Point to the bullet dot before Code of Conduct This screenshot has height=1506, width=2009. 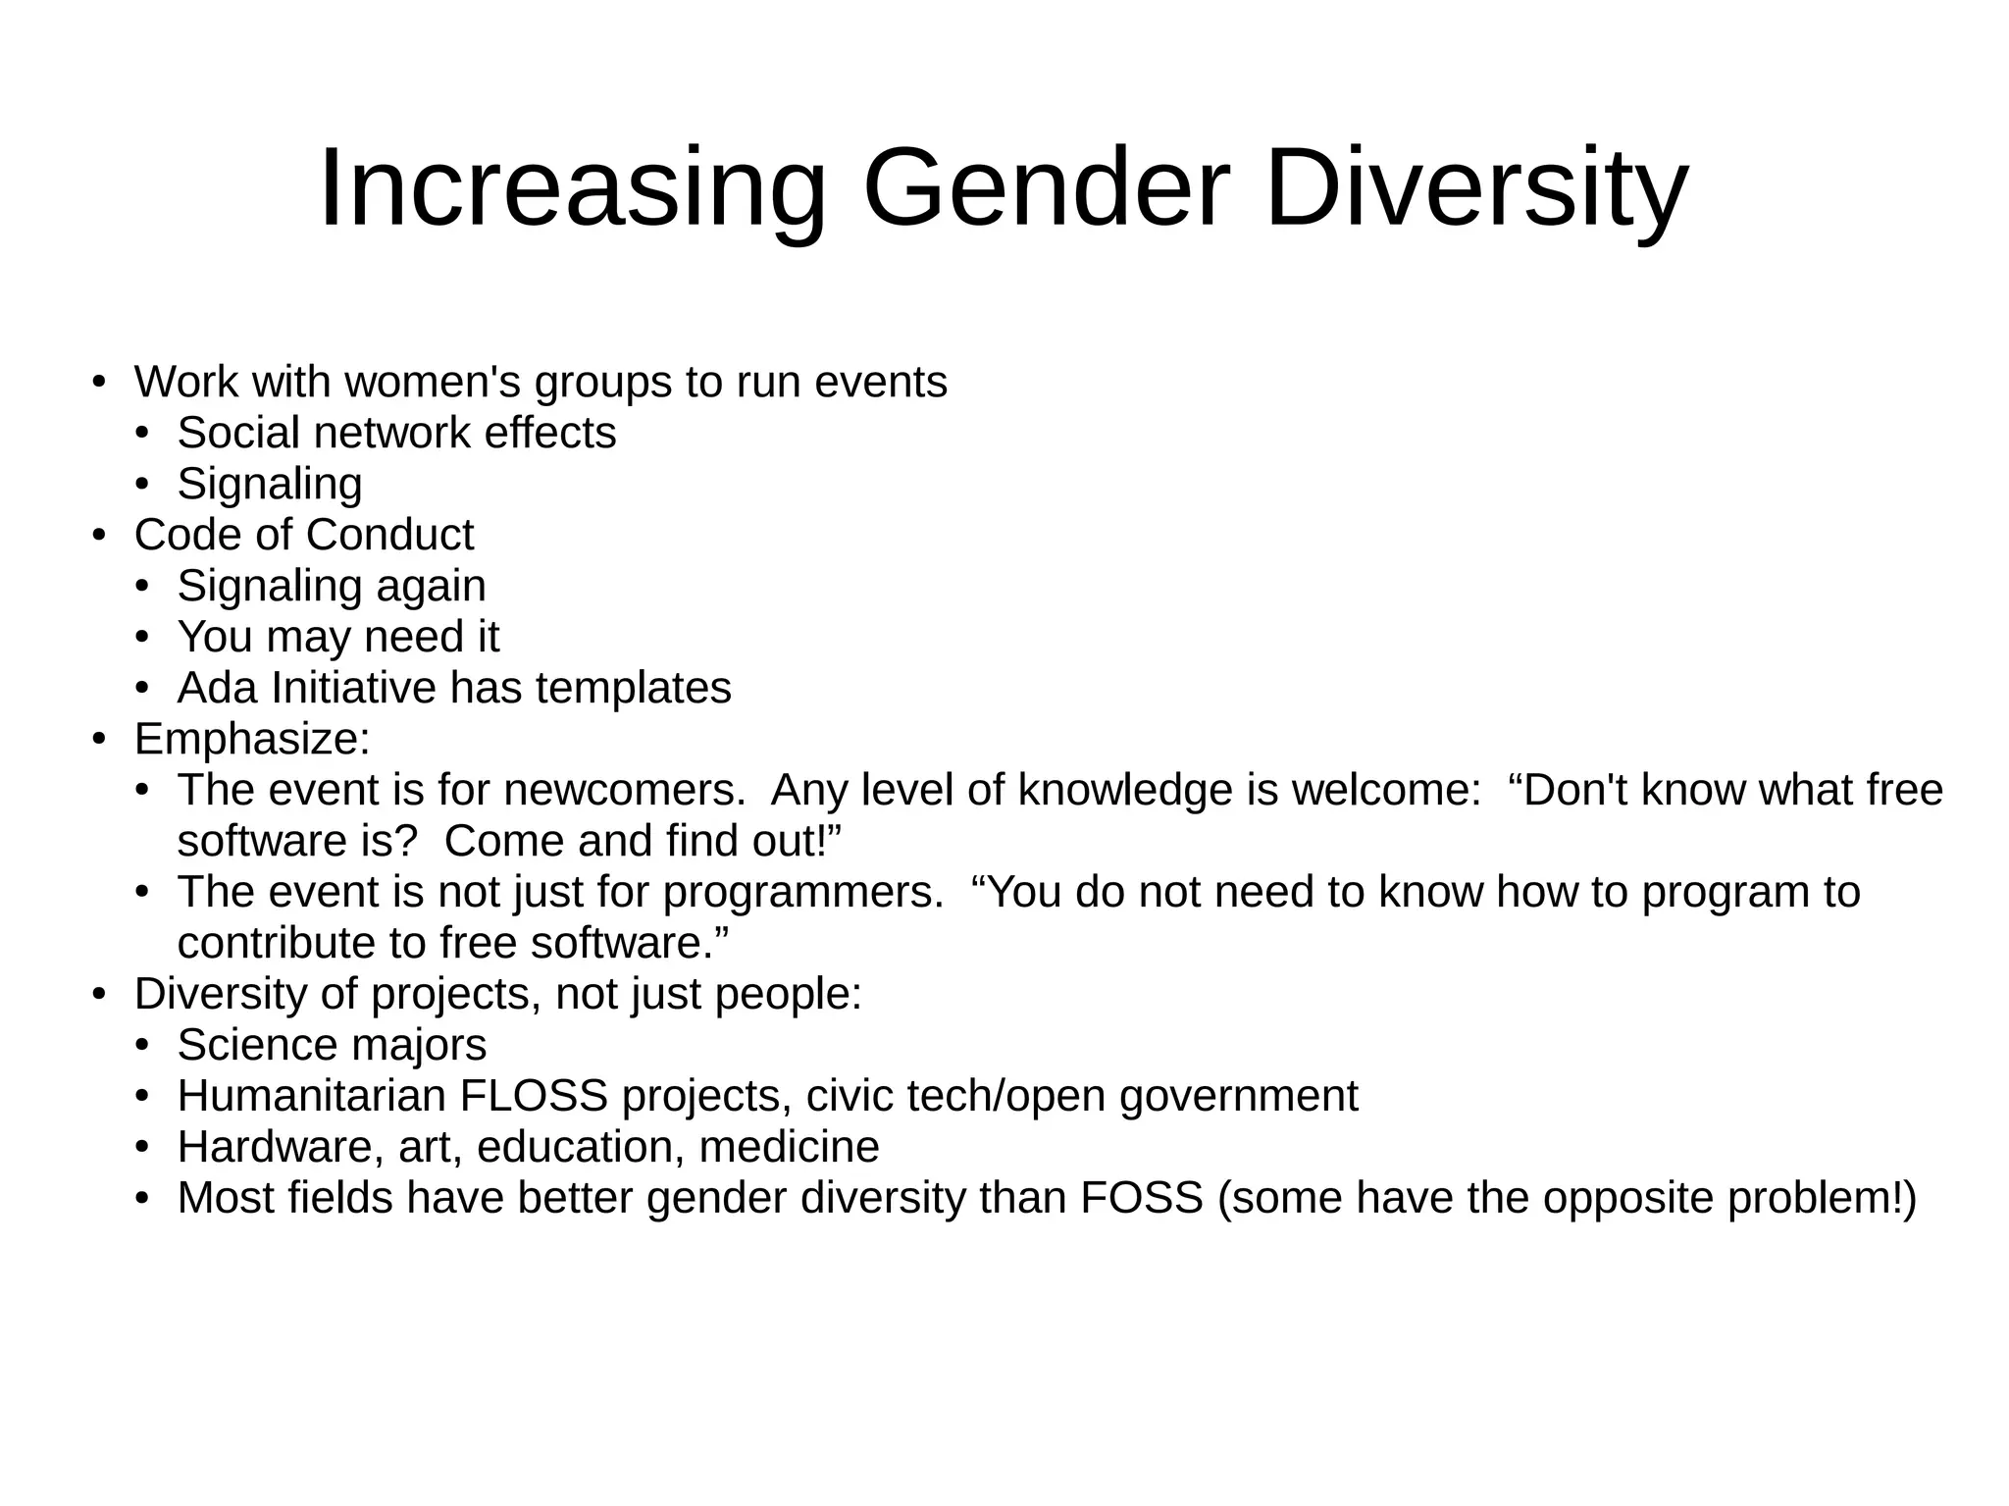[98, 536]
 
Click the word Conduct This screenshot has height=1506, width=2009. [389, 535]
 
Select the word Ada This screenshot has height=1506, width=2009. [217, 688]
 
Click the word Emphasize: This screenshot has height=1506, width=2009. [252, 739]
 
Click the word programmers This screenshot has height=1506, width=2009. [803, 892]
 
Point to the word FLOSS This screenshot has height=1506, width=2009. [534, 1096]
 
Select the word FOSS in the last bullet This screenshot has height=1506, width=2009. [1142, 1198]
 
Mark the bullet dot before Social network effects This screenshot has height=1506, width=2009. [141, 434]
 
